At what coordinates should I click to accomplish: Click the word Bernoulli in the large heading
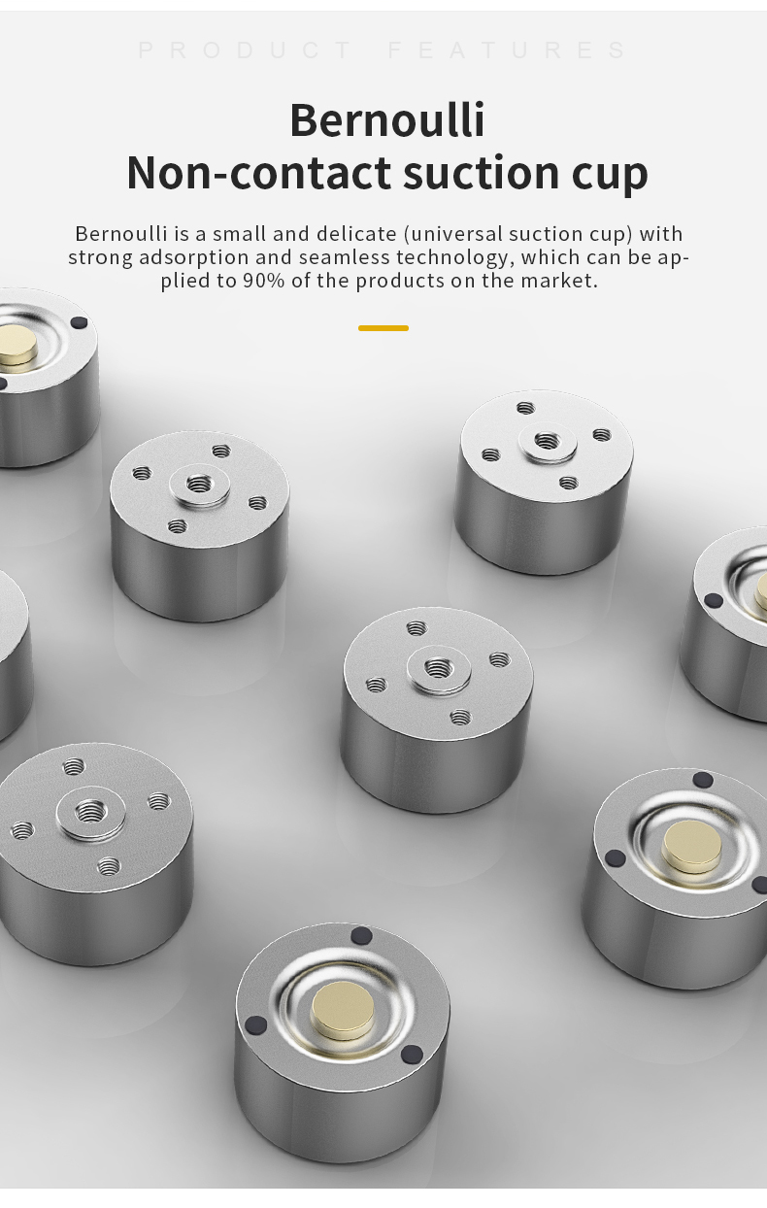point(387,119)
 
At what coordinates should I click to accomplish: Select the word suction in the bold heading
point(481,173)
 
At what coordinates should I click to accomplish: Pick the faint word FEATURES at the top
point(507,50)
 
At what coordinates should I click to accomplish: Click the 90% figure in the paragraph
point(263,281)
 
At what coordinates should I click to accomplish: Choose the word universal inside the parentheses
point(452,234)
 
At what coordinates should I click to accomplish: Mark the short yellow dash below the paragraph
point(383,328)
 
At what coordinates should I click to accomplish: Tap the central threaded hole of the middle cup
point(438,669)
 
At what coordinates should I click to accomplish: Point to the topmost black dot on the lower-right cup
point(702,780)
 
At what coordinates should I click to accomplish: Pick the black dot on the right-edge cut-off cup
point(713,600)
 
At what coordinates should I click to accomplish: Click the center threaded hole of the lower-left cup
point(89,811)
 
